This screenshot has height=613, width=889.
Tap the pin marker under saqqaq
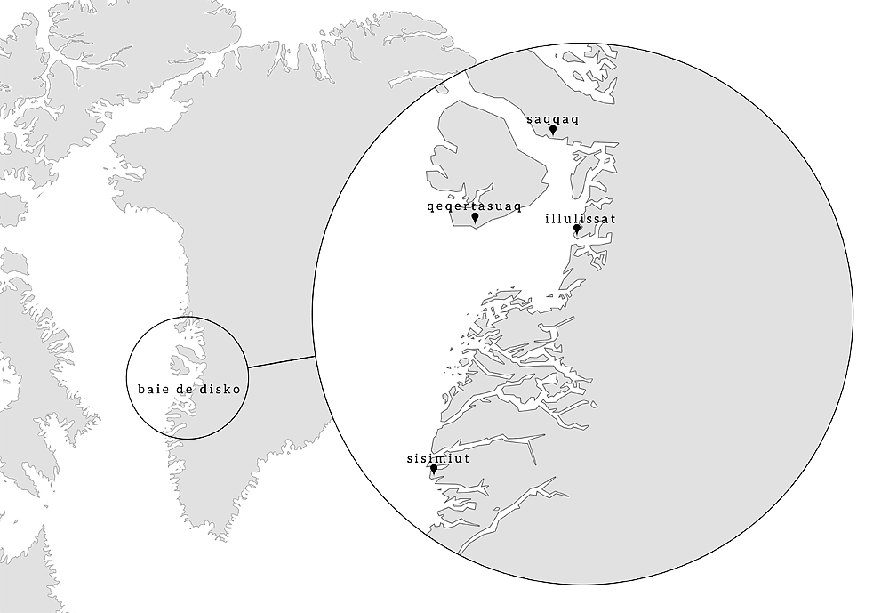(x=553, y=130)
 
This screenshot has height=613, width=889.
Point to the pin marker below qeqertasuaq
(x=475, y=217)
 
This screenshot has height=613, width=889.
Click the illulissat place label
(x=580, y=217)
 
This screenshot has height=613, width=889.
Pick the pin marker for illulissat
(x=577, y=229)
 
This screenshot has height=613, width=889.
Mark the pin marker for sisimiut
(x=434, y=469)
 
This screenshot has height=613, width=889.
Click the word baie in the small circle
(x=153, y=389)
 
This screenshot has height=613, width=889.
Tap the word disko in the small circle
(x=220, y=389)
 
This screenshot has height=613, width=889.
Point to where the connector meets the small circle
(x=245, y=367)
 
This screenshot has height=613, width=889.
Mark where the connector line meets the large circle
(x=315, y=358)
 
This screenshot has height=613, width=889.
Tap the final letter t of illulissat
(x=613, y=217)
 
